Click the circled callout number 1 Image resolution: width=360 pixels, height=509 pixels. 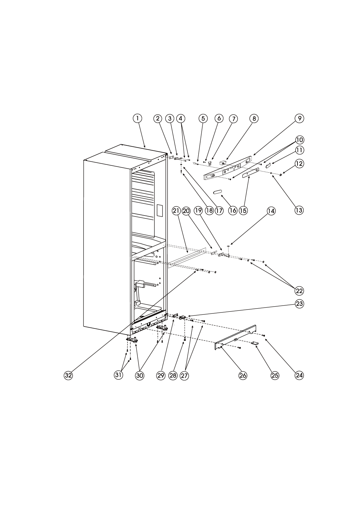[137, 118]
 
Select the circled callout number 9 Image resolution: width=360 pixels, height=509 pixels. [299, 118]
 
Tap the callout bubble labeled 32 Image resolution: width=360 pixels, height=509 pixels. [68, 375]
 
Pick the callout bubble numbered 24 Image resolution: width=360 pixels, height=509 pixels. [299, 375]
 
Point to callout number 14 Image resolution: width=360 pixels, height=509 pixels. [271, 211]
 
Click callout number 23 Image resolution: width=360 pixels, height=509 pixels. [299, 304]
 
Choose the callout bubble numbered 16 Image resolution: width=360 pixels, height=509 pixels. [233, 210]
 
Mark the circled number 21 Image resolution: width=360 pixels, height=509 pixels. [176, 211]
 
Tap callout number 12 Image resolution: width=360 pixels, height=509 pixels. [299, 164]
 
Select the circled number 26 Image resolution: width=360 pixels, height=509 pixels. [243, 376]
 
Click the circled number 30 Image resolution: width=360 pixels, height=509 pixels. [140, 376]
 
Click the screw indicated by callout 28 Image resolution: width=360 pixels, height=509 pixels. [185, 339]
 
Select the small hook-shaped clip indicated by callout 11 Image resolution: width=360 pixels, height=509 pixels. [268, 165]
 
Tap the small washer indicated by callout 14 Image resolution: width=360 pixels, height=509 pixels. [228, 246]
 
